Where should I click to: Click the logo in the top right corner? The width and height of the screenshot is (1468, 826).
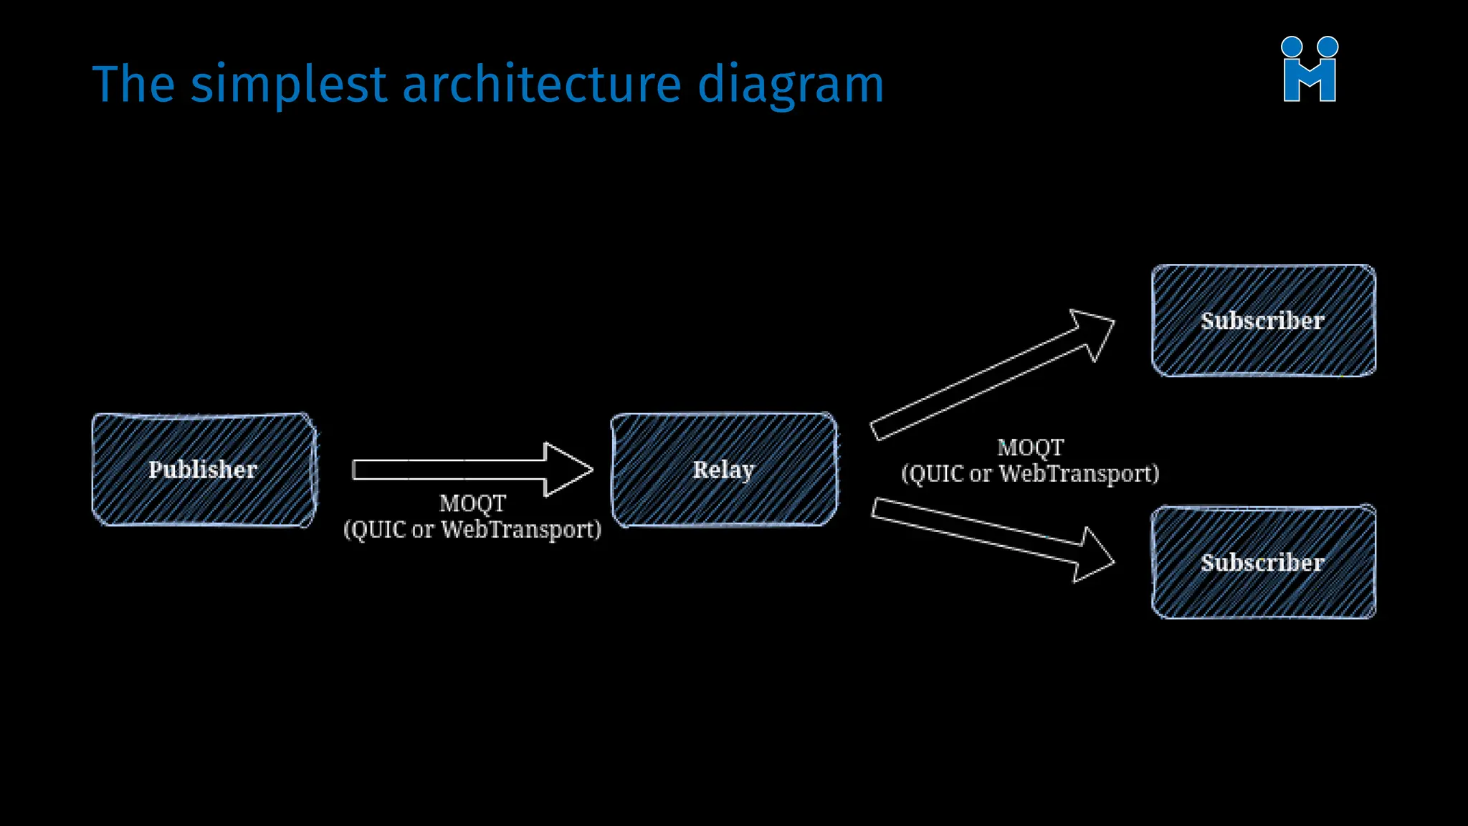point(1310,70)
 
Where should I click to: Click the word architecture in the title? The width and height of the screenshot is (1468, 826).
point(541,85)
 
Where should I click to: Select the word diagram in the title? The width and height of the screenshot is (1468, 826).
point(791,85)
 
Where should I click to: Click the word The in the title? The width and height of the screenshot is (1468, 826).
point(133,85)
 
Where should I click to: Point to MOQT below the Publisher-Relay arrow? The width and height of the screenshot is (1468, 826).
point(472,503)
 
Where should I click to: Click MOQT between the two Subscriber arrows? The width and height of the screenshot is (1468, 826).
point(1030,447)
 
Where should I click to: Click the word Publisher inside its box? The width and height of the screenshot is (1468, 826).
point(203,470)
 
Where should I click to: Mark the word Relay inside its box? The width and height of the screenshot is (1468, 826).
point(723,470)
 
